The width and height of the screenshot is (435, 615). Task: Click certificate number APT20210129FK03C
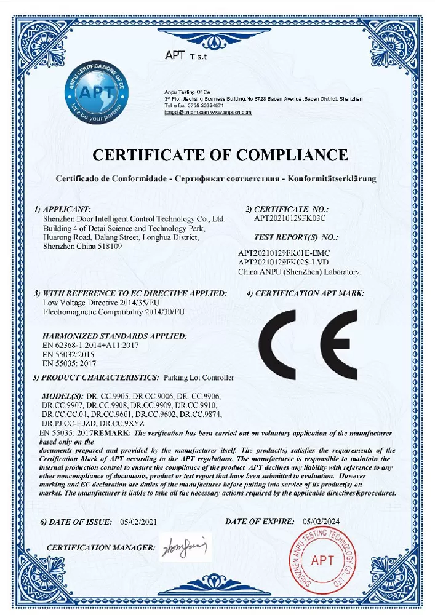click(x=289, y=218)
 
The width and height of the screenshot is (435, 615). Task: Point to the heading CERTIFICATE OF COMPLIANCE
click(x=220, y=154)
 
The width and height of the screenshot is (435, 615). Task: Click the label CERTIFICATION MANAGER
click(x=101, y=547)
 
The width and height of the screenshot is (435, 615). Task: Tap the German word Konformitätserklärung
click(x=330, y=179)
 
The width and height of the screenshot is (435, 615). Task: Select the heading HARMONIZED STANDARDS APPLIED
click(x=114, y=336)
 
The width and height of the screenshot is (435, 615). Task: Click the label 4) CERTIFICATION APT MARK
click(x=306, y=293)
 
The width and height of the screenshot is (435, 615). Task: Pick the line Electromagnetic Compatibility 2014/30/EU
click(x=114, y=312)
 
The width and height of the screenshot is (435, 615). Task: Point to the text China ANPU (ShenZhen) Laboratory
click(x=300, y=271)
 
